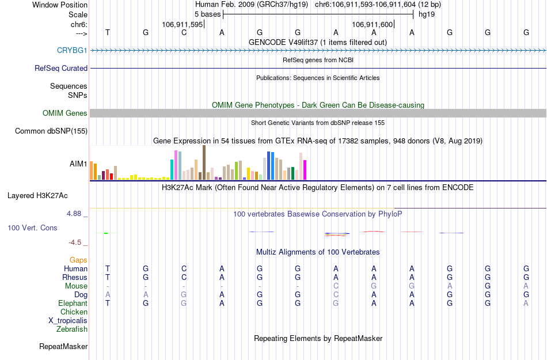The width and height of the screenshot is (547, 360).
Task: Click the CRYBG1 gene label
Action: (x=72, y=50)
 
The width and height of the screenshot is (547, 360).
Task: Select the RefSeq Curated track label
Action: (x=61, y=68)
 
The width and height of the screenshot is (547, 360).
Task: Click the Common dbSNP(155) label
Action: (x=51, y=131)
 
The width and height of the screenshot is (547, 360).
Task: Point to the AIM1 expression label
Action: (x=78, y=164)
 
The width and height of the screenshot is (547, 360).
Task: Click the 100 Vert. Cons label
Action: (x=32, y=228)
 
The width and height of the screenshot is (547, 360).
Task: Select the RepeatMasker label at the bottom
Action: (x=63, y=347)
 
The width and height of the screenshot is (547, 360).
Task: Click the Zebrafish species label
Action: (x=72, y=329)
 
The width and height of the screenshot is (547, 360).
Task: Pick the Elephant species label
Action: (x=73, y=303)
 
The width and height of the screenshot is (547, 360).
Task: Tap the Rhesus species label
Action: (x=74, y=277)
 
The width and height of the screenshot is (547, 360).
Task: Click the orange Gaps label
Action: (x=78, y=260)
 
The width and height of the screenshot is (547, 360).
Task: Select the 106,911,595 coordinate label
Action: (x=183, y=24)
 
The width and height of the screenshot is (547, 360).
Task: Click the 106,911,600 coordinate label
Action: (x=372, y=24)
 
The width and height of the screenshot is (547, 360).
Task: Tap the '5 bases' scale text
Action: (x=207, y=14)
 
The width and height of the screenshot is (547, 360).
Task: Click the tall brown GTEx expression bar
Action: (x=204, y=162)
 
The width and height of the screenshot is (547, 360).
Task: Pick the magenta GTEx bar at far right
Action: (x=305, y=169)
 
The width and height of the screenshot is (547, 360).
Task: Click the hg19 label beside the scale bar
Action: (x=427, y=14)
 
